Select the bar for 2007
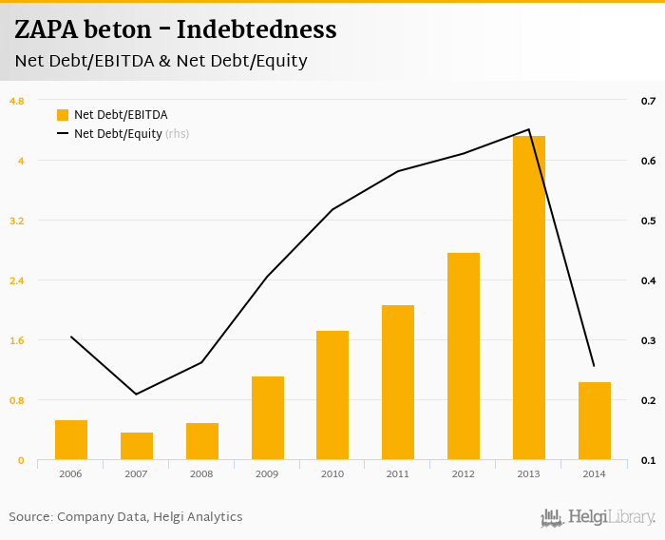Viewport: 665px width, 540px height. [x=137, y=446]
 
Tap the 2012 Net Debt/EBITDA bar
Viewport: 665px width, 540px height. [x=464, y=357]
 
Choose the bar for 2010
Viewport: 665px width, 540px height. [x=332, y=395]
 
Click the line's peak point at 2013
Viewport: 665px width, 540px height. [x=529, y=129]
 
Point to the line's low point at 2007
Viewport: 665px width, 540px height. [x=137, y=395]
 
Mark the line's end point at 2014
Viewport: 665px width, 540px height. [x=594, y=366]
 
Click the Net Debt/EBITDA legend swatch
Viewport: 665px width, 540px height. [x=63, y=115]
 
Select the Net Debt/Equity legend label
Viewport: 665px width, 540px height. [x=118, y=134]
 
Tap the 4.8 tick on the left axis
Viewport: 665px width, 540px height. [x=17, y=100]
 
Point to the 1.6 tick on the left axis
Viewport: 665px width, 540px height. [x=17, y=340]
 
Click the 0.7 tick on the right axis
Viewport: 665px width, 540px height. [x=648, y=100]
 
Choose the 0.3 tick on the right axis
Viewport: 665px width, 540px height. [x=648, y=340]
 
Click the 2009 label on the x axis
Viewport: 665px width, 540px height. [x=267, y=473]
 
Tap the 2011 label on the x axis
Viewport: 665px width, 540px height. [x=398, y=473]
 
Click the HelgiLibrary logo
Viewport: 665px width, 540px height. [x=598, y=517]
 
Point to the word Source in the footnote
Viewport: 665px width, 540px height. [x=28, y=517]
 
